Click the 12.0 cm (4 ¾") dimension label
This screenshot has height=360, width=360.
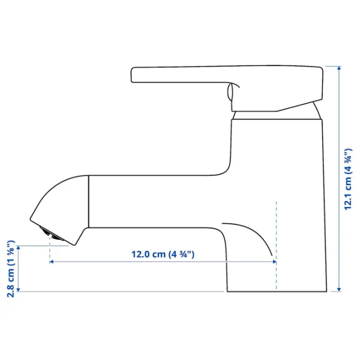tap(163, 254)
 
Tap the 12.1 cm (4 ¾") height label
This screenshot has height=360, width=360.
tap(348, 179)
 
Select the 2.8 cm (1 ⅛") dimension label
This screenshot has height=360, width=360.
tap(11, 269)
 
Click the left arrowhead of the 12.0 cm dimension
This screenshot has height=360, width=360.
tap(52, 262)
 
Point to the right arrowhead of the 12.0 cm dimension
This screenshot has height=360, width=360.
tap(274, 262)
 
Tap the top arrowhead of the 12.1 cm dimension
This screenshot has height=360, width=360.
tap(339, 68)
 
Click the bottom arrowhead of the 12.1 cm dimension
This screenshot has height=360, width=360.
tap(339, 290)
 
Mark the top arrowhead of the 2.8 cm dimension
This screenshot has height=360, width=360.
tap(19, 248)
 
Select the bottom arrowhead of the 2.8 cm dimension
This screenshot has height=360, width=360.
tap(19, 290)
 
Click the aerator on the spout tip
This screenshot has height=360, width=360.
tap(52, 234)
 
